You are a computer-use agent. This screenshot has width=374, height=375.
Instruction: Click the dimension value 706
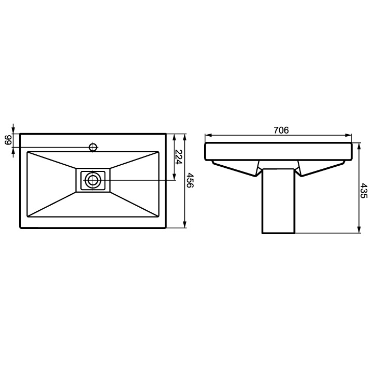click(281, 130)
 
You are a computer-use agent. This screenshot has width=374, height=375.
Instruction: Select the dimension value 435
click(363, 191)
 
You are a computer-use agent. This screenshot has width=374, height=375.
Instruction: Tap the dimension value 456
click(190, 180)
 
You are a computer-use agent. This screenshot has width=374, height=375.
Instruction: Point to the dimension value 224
click(178, 157)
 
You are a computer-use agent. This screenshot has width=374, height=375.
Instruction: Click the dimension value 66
click(8, 140)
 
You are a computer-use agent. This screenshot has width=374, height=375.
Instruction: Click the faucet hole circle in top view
click(93, 147)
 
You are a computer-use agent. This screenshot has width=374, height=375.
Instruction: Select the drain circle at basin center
click(93, 180)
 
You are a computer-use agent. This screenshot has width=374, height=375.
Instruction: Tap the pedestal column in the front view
click(278, 201)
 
